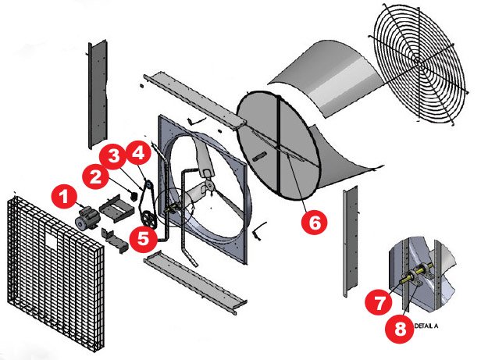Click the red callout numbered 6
[315, 223]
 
